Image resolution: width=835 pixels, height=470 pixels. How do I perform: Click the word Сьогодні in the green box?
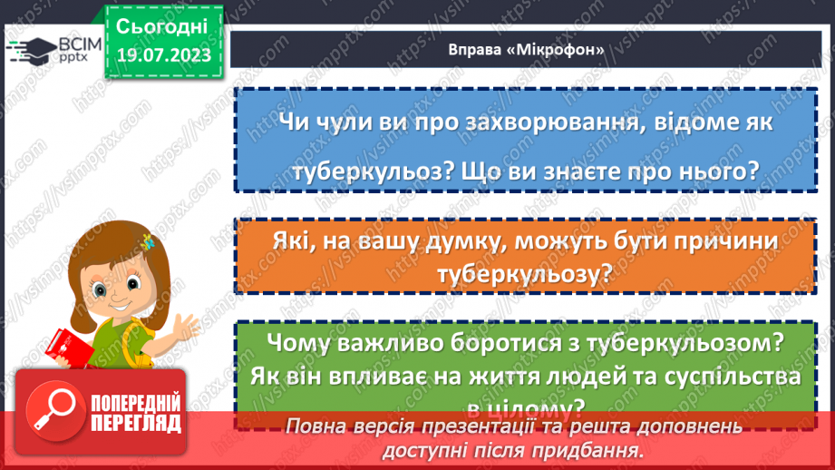(161, 24)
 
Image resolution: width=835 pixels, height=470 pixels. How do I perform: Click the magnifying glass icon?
(56, 413)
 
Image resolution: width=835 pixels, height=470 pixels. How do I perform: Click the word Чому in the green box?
(304, 343)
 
